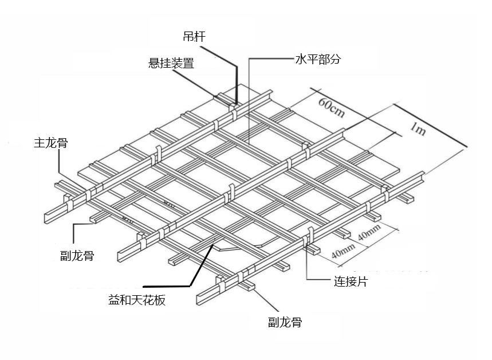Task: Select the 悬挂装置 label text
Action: point(171,63)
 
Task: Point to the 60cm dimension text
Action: point(332,107)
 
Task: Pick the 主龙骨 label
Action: point(50,143)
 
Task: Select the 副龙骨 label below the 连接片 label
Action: point(285,322)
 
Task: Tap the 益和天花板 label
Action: point(137,300)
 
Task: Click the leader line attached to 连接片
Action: point(308,264)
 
